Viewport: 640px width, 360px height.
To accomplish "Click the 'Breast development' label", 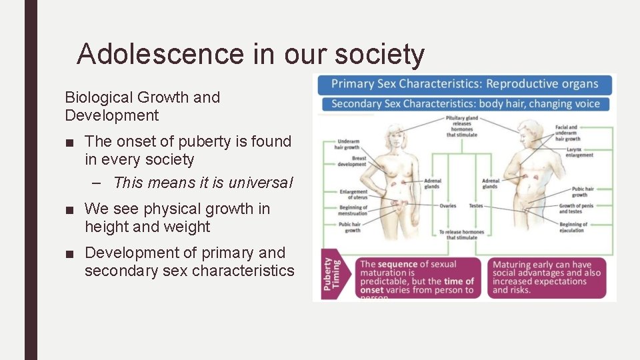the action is coord(351,161).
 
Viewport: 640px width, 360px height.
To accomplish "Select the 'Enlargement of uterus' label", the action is coord(353,194).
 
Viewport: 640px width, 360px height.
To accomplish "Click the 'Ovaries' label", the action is coord(448,206).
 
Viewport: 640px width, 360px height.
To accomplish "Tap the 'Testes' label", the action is coord(475,206).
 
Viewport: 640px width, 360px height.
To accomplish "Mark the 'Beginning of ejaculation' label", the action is coord(572,227).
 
